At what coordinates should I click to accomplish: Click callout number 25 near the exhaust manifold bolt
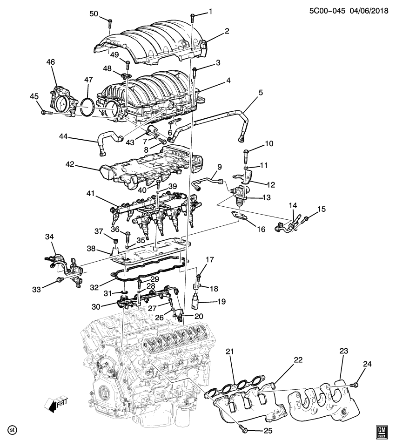point(268,430)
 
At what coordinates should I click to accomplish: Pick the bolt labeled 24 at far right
point(355,384)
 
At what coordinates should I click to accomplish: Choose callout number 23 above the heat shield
point(344,352)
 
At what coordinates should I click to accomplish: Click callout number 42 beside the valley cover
point(70,164)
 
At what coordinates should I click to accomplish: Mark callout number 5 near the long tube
point(261,92)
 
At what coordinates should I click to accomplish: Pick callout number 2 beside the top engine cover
point(227,31)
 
